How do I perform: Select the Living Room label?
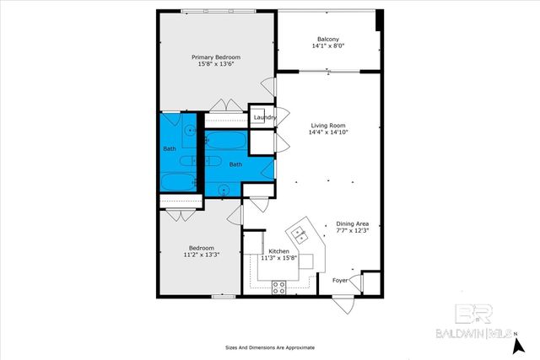point(327,124)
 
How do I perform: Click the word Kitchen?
point(279,251)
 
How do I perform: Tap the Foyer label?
point(340,280)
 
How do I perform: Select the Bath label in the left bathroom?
point(169,150)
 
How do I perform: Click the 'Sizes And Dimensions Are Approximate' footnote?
point(269,347)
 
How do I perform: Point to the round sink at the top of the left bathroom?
point(191,131)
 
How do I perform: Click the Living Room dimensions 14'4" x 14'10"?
point(327,132)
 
